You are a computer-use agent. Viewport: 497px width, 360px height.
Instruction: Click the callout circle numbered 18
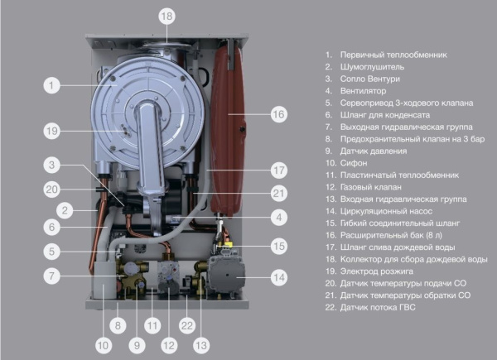pyautogui.click(x=167, y=16)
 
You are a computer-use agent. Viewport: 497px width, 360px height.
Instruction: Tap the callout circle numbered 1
pyautogui.click(x=51, y=84)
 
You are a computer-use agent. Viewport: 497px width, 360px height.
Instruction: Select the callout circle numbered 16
pyautogui.click(x=278, y=113)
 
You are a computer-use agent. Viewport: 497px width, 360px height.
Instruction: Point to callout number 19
pyautogui.click(x=51, y=130)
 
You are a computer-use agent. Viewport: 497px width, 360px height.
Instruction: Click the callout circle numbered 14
pyautogui.click(x=278, y=277)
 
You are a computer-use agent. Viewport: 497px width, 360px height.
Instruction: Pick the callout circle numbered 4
pyautogui.click(x=278, y=218)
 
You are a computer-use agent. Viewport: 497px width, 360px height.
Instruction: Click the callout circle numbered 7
pyautogui.click(x=51, y=276)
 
